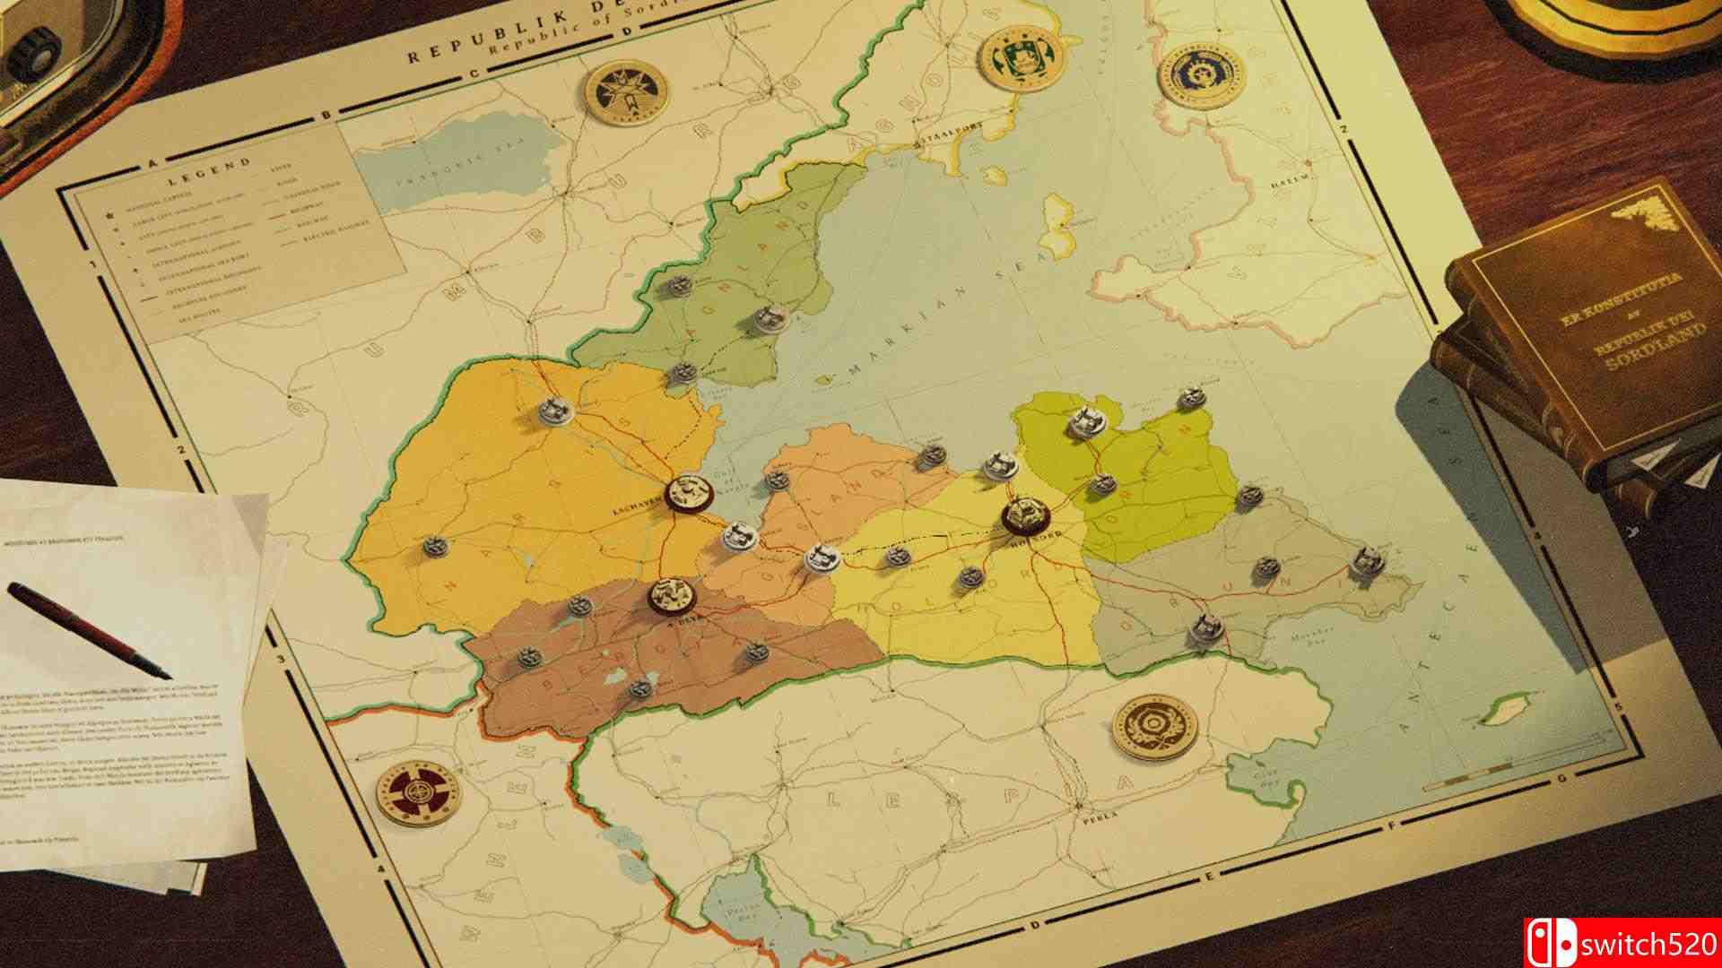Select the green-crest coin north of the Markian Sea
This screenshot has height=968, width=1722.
click(1018, 56)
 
